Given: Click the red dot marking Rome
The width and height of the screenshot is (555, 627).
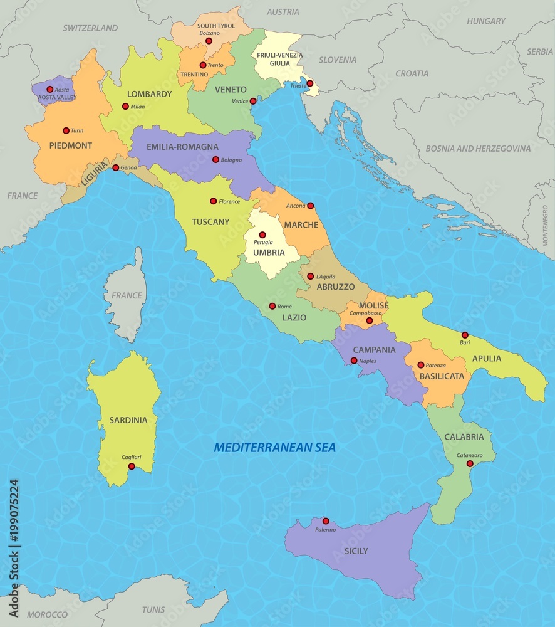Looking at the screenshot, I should (272, 306).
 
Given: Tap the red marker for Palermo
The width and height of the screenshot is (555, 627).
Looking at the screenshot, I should (326, 521).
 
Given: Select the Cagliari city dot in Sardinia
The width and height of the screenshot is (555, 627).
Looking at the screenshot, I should (132, 466).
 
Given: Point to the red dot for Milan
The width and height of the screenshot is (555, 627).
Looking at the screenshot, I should (125, 107).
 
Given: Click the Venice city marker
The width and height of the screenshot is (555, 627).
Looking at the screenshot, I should (253, 101).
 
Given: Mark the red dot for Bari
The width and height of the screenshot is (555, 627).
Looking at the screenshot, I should (465, 335).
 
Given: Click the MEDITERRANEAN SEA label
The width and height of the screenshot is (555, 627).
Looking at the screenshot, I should (275, 447).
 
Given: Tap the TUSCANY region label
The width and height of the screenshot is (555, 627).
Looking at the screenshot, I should (210, 222).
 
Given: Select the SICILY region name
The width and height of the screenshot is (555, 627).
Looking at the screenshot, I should (356, 551).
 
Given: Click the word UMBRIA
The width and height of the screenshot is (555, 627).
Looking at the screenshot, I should (269, 253).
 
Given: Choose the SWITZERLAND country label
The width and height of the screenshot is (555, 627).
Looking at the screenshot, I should (90, 28).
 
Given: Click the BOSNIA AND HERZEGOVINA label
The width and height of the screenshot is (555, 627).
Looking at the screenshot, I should (478, 149).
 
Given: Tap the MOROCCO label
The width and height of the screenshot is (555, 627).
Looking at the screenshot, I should (47, 614).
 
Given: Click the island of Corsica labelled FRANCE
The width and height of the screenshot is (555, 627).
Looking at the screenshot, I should (127, 295).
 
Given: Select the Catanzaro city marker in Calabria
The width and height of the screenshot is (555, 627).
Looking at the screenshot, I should (470, 463).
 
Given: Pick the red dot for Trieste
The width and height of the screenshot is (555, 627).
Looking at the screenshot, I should (309, 83).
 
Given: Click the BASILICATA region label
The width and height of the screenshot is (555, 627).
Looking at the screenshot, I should (442, 376).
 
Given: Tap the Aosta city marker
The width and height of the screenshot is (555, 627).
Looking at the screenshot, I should (50, 89).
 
